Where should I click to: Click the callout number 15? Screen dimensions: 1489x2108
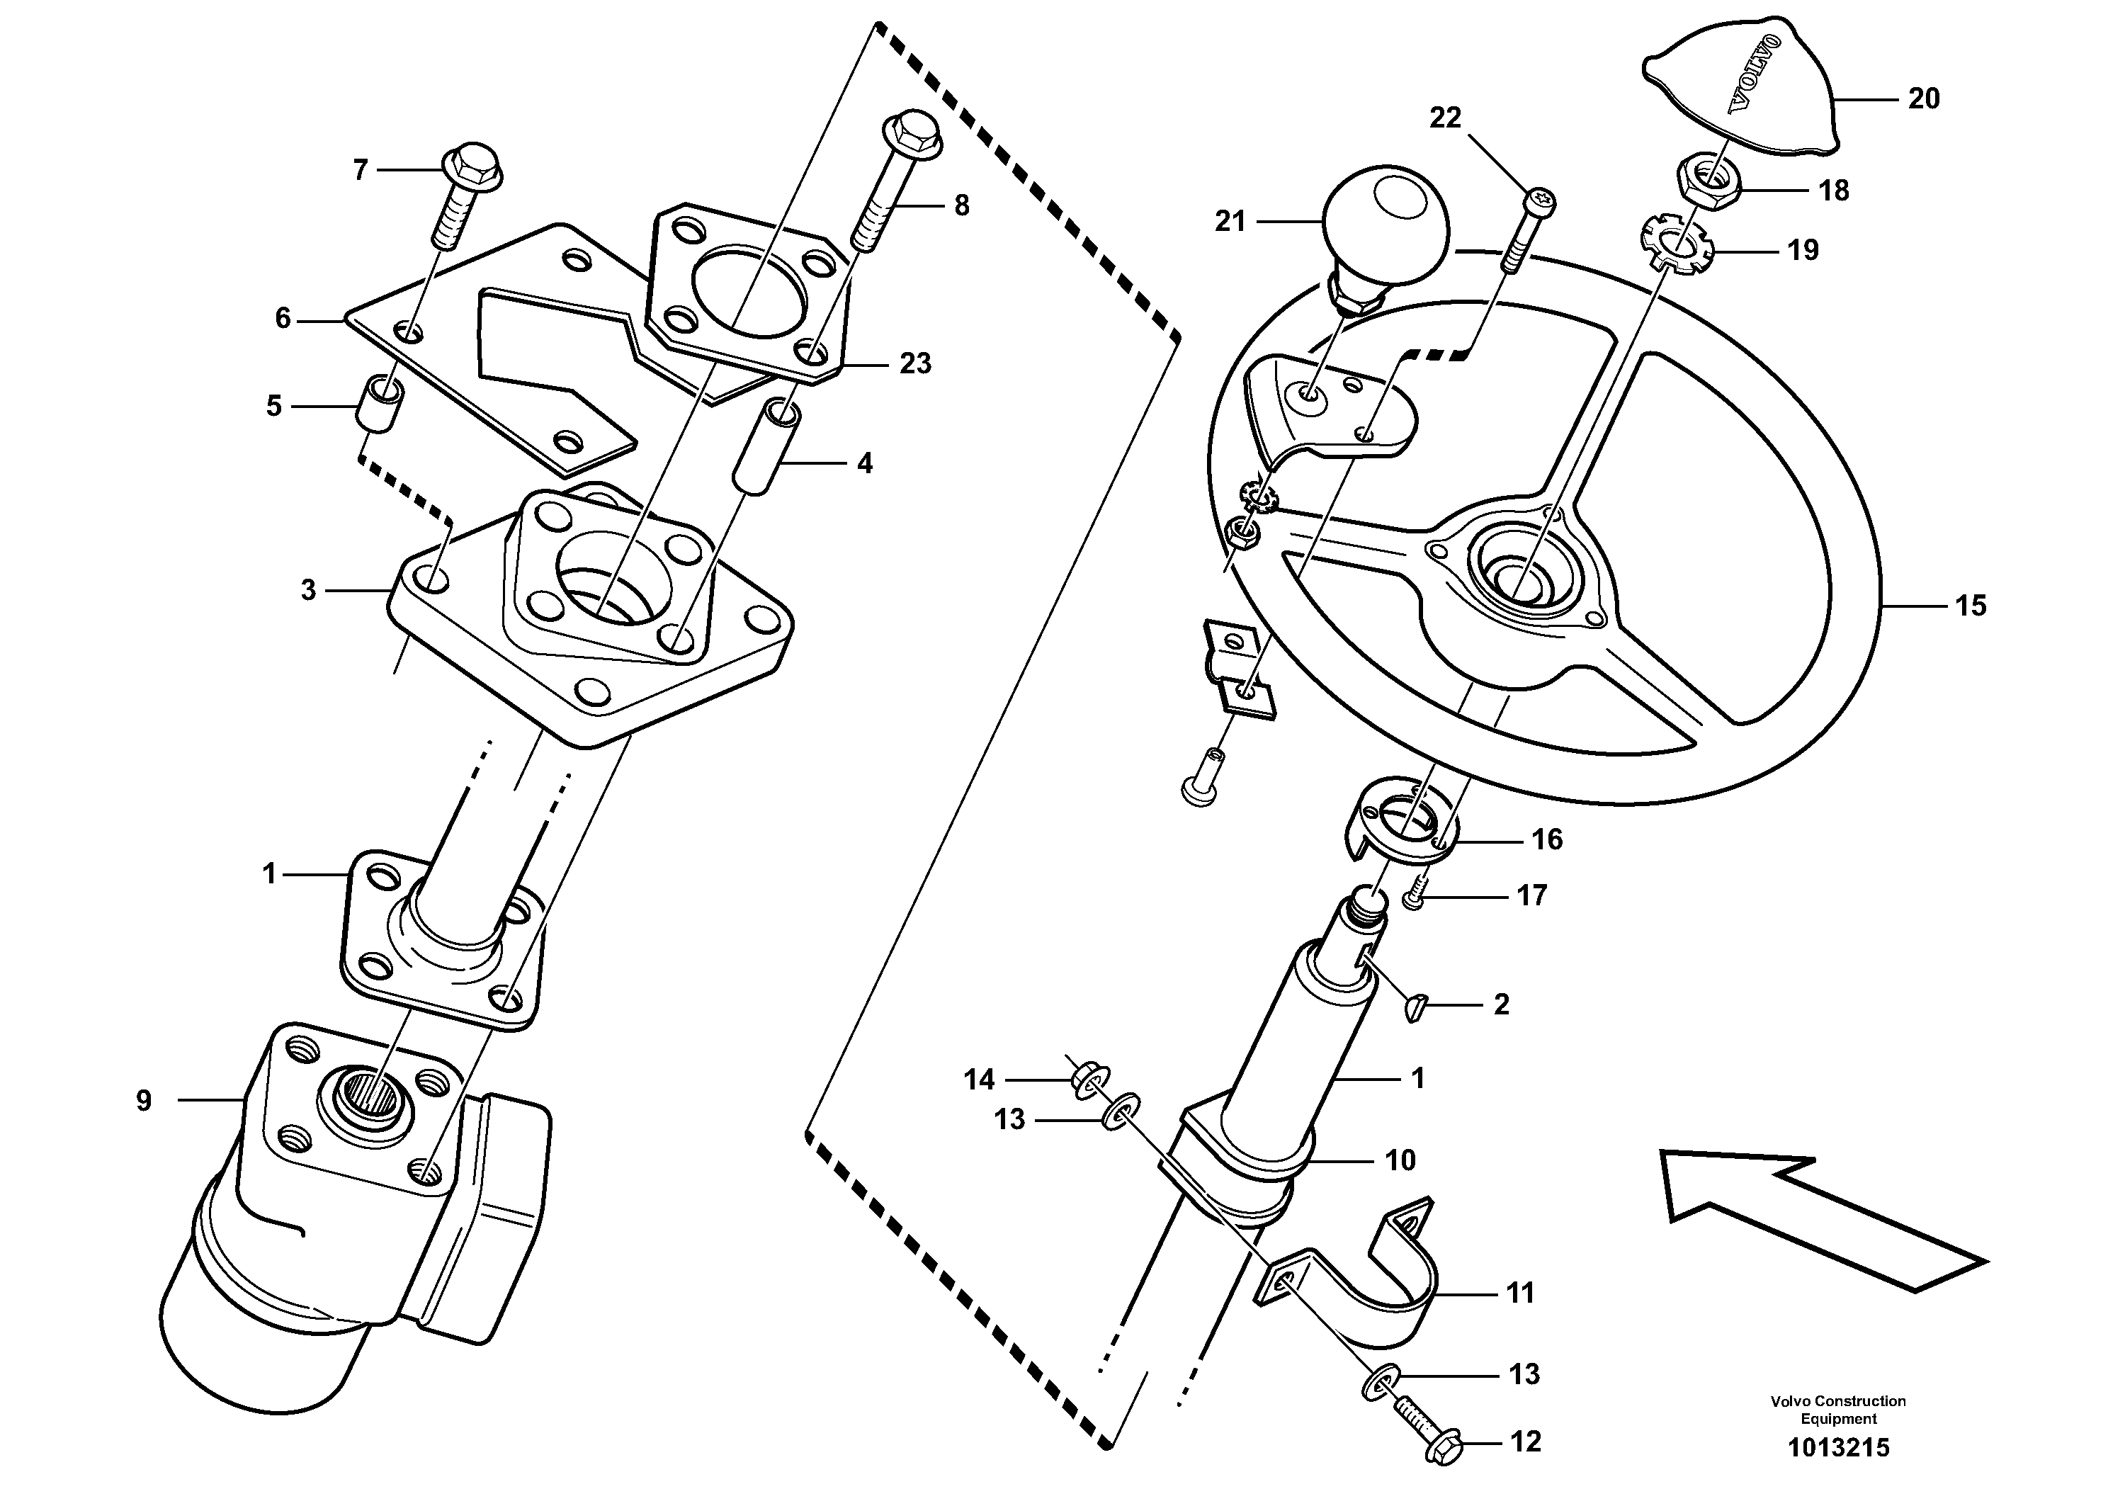pyautogui.click(x=1971, y=606)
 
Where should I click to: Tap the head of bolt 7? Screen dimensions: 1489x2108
pyautogui.click(x=472, y=165)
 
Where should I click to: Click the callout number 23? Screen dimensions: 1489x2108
pyautogui.click(x=914, y=364)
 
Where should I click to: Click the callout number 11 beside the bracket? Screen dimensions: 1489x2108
pyautogui.click(x=1520, y=1293)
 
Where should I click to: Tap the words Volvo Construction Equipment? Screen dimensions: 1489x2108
pyautogui.click(x=1838, y=1409)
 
